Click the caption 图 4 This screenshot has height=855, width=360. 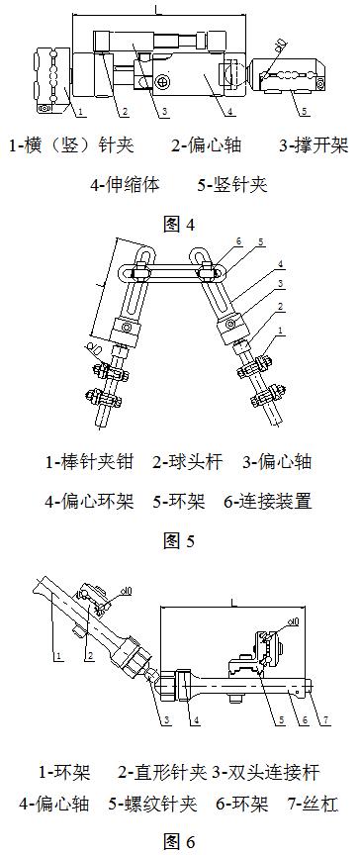[178, 224]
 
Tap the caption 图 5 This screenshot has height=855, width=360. [178, 540]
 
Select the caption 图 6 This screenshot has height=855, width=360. [178, 841]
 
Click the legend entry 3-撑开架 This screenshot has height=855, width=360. [311, 145]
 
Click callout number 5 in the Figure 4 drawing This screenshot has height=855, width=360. [305, 111]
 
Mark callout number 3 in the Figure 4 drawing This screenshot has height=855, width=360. [164, 111]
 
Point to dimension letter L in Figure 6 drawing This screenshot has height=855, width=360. [229, 601]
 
